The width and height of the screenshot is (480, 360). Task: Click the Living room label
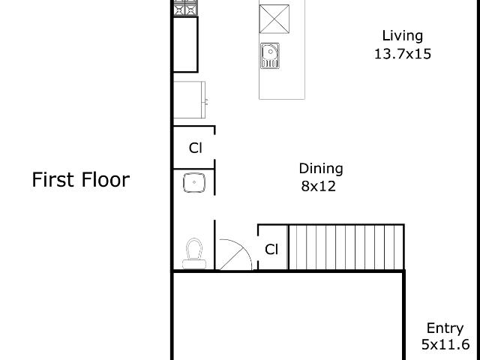click(403, 36)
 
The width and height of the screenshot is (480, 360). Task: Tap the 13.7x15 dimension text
click(403, 54)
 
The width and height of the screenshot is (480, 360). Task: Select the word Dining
click(321, 169)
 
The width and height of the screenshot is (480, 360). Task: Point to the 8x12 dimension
click(318, 186)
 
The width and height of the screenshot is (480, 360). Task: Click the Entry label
click(445, 328)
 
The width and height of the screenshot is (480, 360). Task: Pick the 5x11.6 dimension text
click(445, 345)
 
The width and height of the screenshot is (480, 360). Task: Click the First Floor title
click(81, 180)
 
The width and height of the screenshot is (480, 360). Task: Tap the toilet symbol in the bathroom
click(194, 253)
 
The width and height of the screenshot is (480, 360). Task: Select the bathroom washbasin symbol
click(194, 183)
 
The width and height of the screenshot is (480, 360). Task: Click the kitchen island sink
click(270, 55)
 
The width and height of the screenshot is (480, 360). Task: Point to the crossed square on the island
click(274, 19)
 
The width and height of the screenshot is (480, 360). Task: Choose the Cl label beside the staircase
click(271, 250)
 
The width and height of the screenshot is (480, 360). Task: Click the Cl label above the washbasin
click(196, 148)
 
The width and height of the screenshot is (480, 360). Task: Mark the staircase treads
click(346, 247)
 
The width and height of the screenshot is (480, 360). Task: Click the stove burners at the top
click(186, 7)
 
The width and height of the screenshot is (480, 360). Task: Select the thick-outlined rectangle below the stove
click(185, 45)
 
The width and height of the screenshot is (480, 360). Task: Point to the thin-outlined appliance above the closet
click(190, 100)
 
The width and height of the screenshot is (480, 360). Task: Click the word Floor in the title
click(106, 180)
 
